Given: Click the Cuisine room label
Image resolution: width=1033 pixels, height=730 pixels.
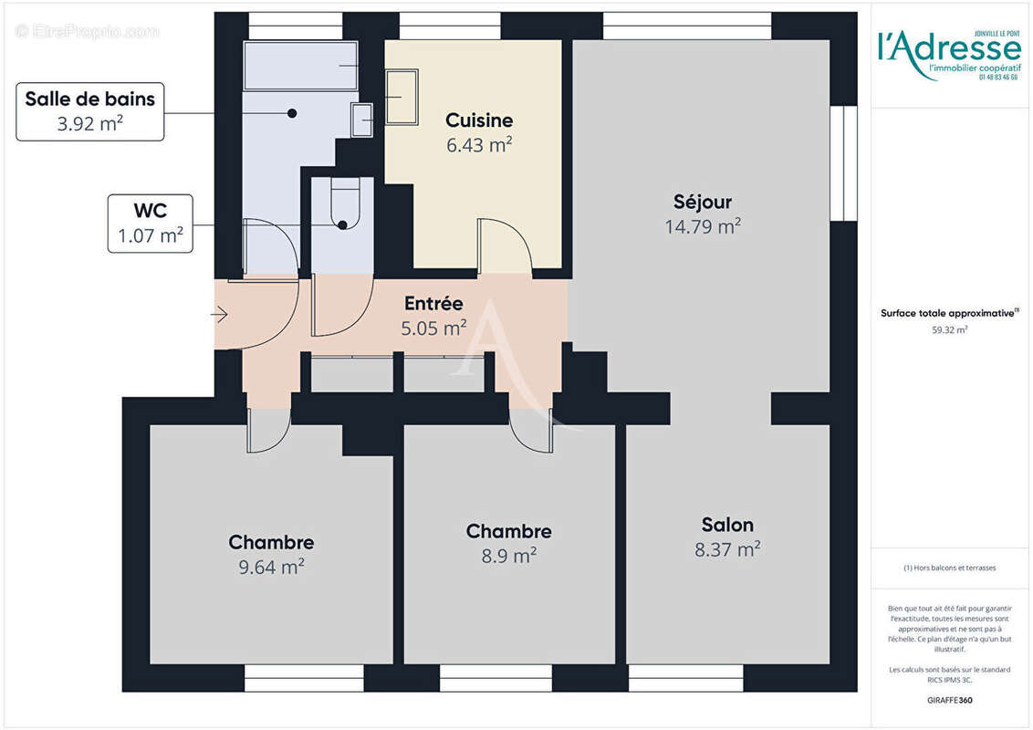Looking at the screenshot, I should click(479, 120).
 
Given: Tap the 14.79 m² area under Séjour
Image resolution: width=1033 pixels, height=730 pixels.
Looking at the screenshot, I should click(702, 227).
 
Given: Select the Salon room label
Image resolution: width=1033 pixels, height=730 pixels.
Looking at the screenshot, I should click(727, 525).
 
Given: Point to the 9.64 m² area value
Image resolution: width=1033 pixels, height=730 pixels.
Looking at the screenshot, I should click(271, 567).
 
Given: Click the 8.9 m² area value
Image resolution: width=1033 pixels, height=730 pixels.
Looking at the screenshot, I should click(508, 555).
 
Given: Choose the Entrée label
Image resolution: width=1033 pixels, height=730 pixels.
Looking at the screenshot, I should click(433, 304).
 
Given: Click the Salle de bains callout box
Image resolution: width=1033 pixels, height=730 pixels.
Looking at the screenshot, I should click(89, 111).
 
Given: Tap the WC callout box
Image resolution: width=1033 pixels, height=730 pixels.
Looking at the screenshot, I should click(150, 224).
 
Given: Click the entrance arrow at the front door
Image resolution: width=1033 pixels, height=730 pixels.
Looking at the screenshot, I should click(219, 315).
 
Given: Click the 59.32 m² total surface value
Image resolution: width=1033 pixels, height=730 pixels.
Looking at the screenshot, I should click(949, 330).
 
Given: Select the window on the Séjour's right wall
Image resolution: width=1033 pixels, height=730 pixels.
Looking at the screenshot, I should click(844, 164).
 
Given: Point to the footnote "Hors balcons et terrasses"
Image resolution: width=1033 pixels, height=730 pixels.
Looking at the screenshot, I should click(950, 568).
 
